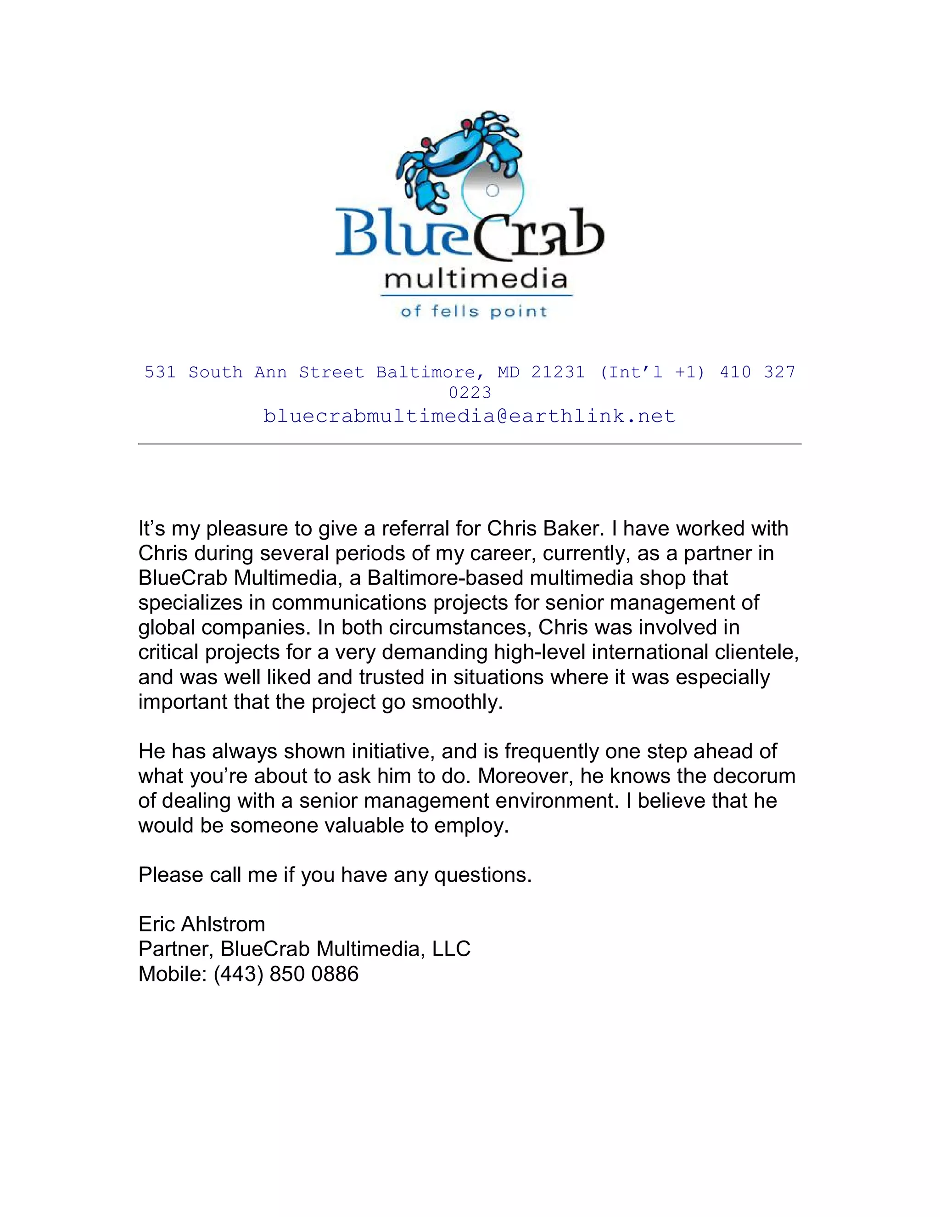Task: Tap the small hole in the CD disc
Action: [492, 191]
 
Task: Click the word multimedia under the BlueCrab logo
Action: [476, 279]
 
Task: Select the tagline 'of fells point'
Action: [474, 311]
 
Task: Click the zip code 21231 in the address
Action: [557, 372]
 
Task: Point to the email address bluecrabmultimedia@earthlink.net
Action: [470, 416]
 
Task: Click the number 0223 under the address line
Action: [470, 393]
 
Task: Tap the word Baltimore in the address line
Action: [426, 372]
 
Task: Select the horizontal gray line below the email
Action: [470, 444]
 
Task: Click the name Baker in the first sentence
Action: [574, 528]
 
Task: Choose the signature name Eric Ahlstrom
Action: [201, 924]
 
